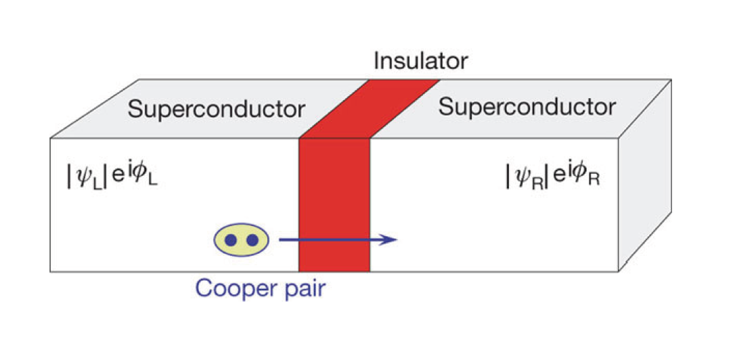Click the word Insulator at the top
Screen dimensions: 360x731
point(420,62)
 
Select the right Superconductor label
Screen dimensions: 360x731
point(527,106)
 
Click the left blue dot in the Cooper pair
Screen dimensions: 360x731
point(231,240)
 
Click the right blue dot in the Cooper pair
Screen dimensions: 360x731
point(252,240)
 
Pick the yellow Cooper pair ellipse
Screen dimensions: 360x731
point(242,240)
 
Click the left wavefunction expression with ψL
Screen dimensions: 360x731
point(111,177)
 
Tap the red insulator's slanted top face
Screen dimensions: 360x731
point(370,108)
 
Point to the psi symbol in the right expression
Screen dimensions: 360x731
point(518,177)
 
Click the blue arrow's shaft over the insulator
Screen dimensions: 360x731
point(334,240)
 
